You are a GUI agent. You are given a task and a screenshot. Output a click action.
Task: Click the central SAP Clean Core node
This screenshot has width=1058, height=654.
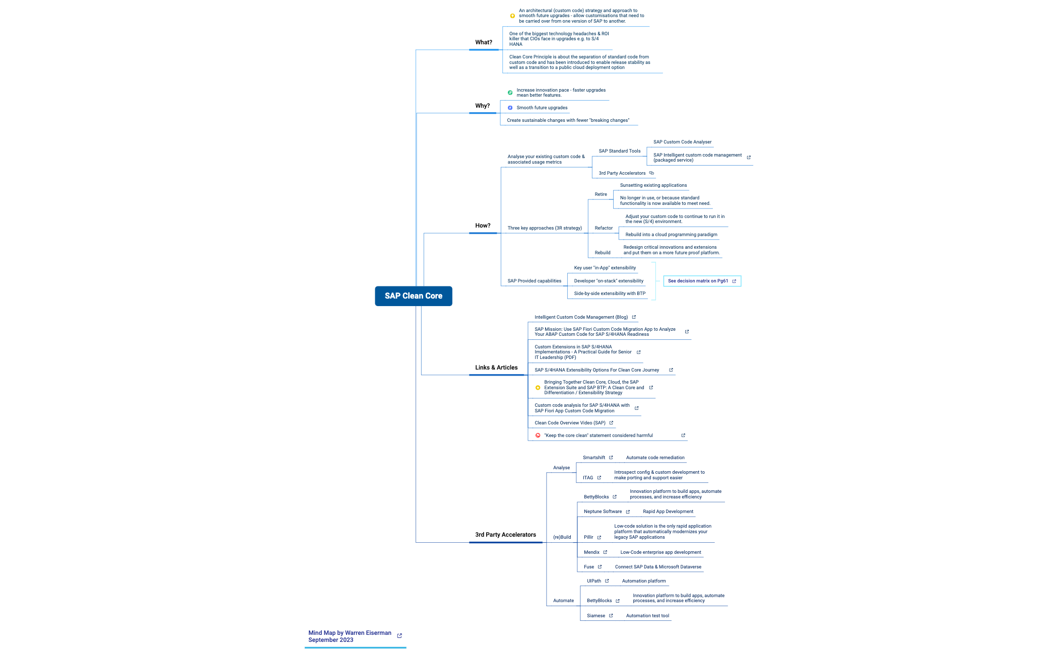point(413,296)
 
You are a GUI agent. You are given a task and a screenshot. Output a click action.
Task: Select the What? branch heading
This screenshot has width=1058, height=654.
point(483,42)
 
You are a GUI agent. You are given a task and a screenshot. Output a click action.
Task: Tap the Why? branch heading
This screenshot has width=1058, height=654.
point(482,106)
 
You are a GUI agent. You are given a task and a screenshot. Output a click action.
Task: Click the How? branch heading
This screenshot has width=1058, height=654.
point(482,226)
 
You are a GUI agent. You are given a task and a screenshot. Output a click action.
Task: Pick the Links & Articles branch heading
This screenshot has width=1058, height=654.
point(496,368)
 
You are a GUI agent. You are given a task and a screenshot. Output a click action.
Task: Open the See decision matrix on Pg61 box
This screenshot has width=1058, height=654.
point(701,281)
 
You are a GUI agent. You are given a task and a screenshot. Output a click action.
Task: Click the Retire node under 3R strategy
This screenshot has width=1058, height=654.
point(601,194)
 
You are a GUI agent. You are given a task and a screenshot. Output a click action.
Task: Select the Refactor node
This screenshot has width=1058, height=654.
point(603,228)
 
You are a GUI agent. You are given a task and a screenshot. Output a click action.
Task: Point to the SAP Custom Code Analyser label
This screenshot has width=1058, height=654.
point(682,142)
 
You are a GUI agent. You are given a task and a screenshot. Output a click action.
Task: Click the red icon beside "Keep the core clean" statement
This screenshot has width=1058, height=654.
point(538,435)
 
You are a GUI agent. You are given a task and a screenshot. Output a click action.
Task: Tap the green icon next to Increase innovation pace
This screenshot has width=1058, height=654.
point(510,93)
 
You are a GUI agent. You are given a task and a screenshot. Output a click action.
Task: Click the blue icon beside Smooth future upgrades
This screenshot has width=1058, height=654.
point(510,108)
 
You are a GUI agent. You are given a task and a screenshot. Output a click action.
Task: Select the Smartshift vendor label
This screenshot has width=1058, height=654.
point(593,458)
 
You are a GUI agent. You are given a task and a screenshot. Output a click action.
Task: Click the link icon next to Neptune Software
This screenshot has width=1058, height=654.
point(628,512)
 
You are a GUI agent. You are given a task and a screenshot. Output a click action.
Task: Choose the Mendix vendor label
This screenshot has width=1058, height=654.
point(591,552)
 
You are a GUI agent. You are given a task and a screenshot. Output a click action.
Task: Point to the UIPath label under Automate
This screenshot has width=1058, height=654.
point(593,581)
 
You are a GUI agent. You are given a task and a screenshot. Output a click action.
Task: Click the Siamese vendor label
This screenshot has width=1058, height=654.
point(596,616)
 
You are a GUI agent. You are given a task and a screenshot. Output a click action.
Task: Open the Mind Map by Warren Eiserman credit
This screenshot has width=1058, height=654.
point(350,636)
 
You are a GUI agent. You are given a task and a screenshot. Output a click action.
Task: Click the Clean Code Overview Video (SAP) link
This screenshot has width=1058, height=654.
point(570,423)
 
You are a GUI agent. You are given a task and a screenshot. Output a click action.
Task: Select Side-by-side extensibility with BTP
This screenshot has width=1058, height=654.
point(609,294)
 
